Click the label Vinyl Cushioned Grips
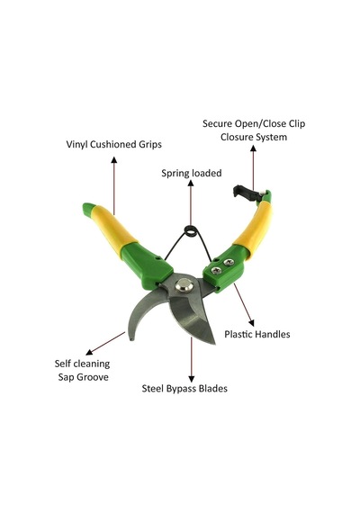pos(114,145)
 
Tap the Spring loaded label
pos(192,173)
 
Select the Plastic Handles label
pos(257,335)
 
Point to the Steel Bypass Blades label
pos(184,389)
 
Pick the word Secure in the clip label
pos(217,123)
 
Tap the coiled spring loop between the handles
pos(191,231)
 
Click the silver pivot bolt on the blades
pos(184,285)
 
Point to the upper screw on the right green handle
pos(229,262)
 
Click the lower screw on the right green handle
pos(216,270)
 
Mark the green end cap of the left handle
pos(88,211)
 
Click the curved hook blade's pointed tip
pos(130,338)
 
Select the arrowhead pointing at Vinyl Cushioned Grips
pos(114,159)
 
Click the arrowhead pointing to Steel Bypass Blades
pos(192,379)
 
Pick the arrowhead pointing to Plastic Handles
pos(251,322)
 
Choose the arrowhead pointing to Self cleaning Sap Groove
pos(89,352)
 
